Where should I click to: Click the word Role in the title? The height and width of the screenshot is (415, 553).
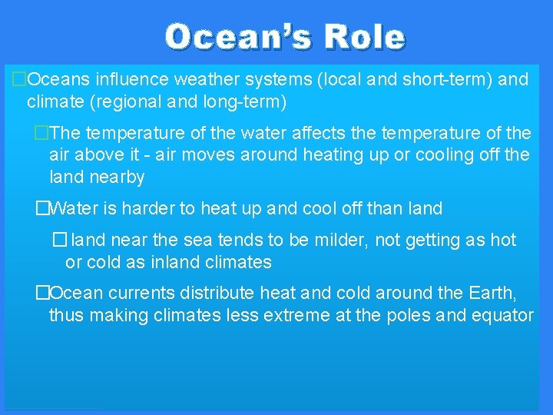coord(364,36)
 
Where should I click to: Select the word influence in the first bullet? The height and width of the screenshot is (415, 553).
coord(134,79)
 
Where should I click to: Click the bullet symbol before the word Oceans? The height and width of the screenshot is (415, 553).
coord(20,79)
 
